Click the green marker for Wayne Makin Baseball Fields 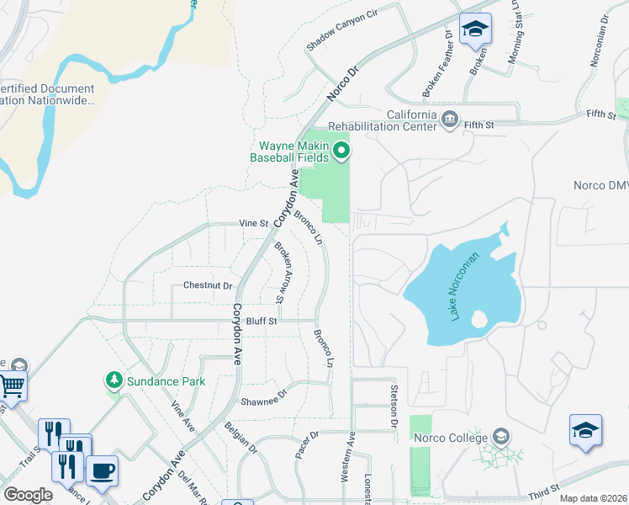(x=341, y=151)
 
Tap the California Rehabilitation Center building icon (x=450, y=119)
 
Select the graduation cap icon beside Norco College (x=501, y=436)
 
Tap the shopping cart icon (x=12, y=385)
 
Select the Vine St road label (x=253, y=224)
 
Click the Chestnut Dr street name (x=208, y=286)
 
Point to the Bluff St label (x=262, y=321)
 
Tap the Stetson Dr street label (x=393, y=407)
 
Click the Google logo (x=28, y=494)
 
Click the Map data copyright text (x=592, y=498)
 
